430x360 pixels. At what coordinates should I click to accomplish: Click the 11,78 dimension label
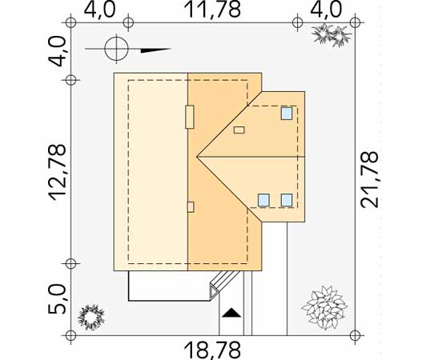(213, 10)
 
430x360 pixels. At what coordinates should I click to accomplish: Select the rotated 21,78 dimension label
(369, 179)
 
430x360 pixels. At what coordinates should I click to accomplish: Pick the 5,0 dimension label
(58, 299)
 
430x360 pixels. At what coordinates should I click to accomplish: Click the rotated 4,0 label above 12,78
(58, 52)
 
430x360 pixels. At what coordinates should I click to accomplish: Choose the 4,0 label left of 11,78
(99, 10)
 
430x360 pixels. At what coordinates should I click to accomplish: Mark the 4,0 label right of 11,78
(326, 10)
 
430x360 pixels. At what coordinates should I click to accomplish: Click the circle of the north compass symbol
(117, 49)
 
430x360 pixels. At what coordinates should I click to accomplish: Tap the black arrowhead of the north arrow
(156, 50)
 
